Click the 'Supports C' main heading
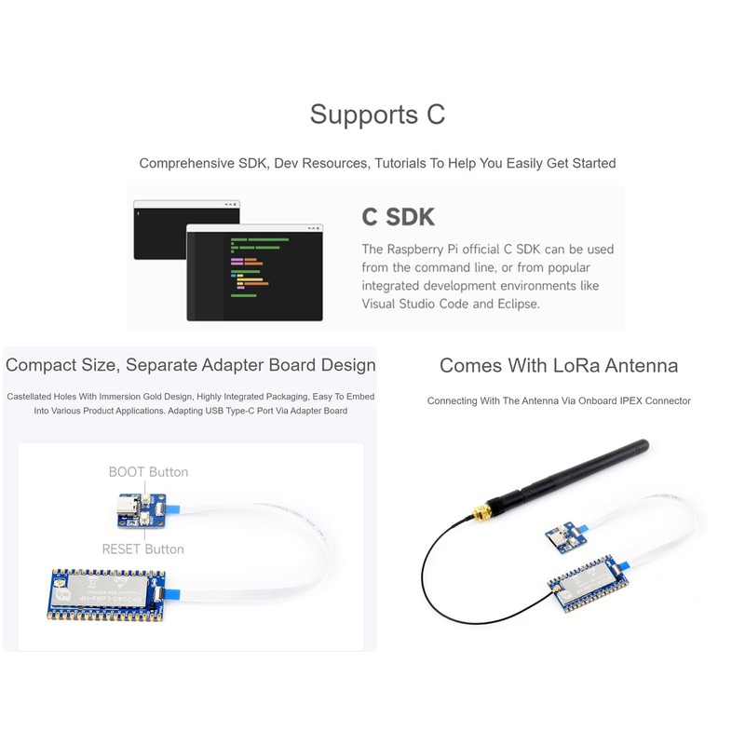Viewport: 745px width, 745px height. tap(377, 115)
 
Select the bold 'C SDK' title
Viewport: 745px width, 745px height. tap(398, 217)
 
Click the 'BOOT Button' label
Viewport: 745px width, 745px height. tap(148, 472)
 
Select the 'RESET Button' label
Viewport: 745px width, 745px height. tap(142, 549)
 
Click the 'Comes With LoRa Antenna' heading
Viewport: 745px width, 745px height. tap(559, 365)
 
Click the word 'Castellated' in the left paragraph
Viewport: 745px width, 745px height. tap(34, 397)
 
